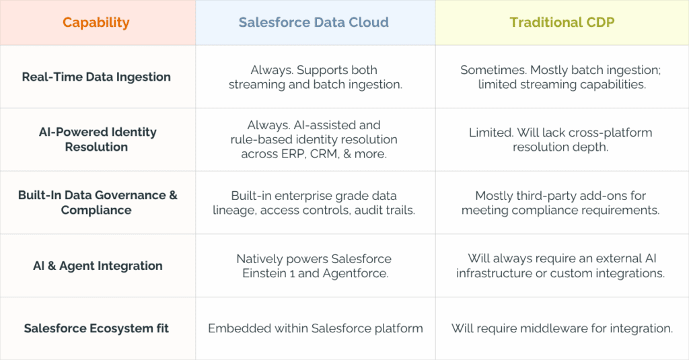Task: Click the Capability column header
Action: tap(96, 22)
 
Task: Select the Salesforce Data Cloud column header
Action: tap(314, 22)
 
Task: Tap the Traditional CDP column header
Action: tap(562, 22)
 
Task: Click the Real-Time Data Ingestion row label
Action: tap(96, 77)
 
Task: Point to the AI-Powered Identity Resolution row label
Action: tap(97, 139)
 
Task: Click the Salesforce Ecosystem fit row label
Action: tap(96, 328)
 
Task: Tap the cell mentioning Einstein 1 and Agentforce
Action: tap(314, 266)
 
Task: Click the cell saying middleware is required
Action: tap(562, 328)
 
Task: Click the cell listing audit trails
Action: tap(314, 203)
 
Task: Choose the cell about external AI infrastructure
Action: tap(562, 266)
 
